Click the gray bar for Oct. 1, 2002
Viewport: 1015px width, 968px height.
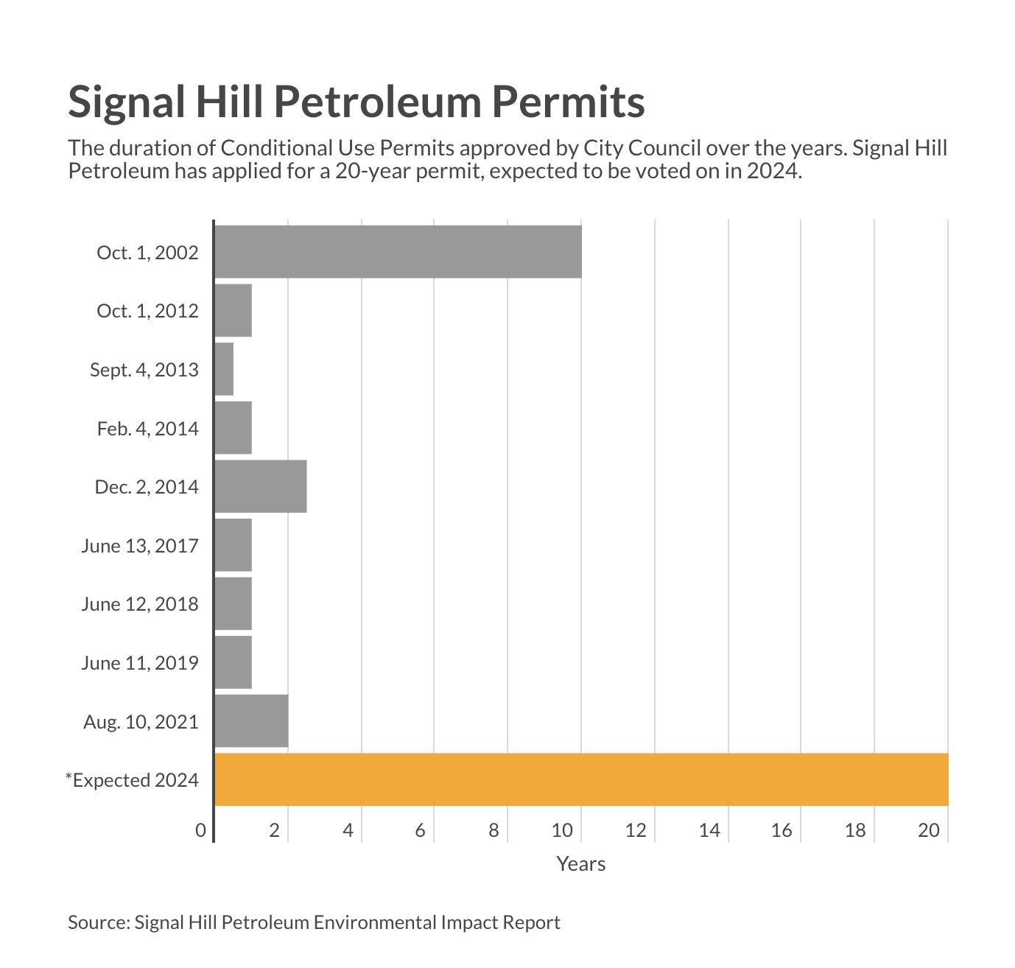[398, 252]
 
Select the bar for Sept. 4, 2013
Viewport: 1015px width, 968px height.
[224, 369]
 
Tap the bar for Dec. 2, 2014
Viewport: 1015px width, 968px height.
[261, 486]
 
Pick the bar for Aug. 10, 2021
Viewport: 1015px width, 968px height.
[251, 721]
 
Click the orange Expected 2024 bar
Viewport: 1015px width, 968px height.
[580, 779]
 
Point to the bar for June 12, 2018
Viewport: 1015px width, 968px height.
[233, 604]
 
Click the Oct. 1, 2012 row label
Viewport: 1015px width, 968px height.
[147, 311]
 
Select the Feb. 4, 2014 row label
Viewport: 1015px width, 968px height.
[147, 428]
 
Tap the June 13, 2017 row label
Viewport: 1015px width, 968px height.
[140, 546]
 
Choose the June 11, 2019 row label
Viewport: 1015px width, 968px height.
[140, 663]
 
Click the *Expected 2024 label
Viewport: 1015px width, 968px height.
[132, 780]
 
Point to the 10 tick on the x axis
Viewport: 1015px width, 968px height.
[563, 830]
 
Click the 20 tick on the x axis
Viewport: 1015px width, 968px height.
[929, 830]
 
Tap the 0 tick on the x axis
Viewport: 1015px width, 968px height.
[200, 830]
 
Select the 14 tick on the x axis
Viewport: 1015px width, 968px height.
[709, 830]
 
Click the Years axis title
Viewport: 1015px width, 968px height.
[580, 864]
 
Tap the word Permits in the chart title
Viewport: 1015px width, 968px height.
[568, 102]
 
